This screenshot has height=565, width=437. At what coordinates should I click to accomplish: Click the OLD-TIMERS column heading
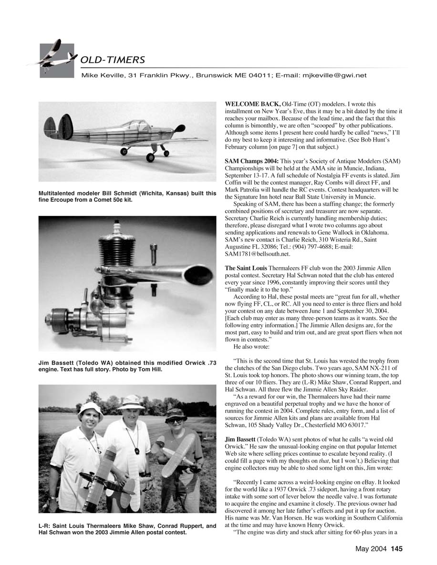tap(113, 60)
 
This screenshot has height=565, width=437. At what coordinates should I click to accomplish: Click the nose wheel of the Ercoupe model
tap(166, 153)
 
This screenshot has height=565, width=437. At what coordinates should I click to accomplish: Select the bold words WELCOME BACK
tap(252, 103)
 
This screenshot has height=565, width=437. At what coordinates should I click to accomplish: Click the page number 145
tap(397, 549)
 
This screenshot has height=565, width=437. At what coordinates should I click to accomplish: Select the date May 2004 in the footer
tap(372, 549)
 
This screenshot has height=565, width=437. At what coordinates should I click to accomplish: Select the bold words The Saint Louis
tap(246, 268)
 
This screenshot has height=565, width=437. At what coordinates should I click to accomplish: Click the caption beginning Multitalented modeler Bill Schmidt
tap(127, 196)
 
